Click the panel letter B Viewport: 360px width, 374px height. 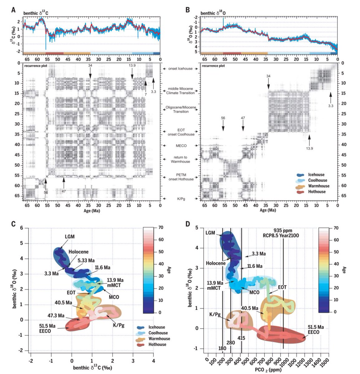coord(188,10)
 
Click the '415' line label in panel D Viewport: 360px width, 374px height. coord(241,338)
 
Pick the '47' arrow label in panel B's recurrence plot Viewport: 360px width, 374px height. coord(243,118)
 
